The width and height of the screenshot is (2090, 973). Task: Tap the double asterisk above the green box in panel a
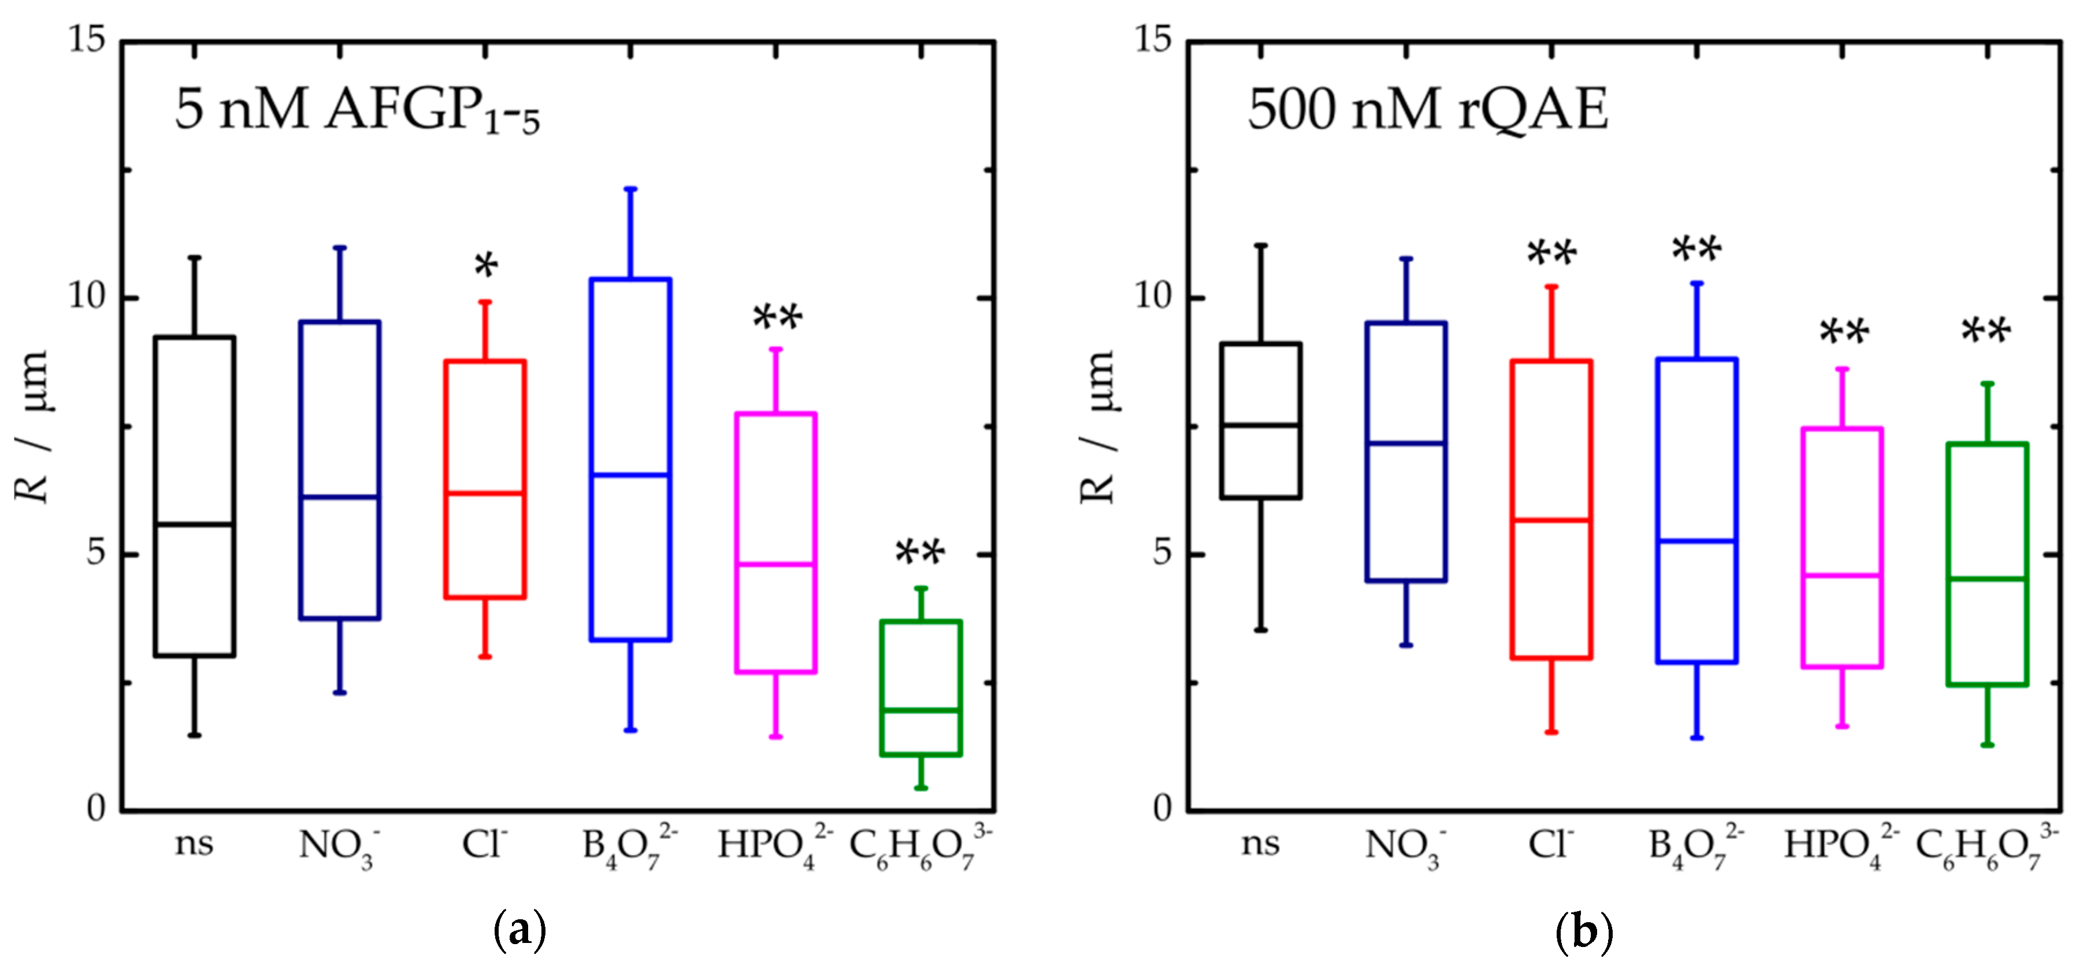[x=920, y=554]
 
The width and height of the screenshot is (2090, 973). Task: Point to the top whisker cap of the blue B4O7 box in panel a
[x=630, y=189]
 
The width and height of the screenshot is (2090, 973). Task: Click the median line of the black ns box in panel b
[x=1261, y=425]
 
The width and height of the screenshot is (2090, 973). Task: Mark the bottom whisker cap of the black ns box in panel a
[x=195, y=735]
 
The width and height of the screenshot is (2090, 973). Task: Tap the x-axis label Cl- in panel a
[x=484, y=845]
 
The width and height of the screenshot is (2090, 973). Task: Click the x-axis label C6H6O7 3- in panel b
[x=1986, y=848]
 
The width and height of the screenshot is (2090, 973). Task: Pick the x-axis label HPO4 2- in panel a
[x=774, y=848]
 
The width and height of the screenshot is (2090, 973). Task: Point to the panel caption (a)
[x=520, y=931]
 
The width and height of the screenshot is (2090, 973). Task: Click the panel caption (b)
[x=1584, y=931]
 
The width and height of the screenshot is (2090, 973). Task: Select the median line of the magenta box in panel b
[x=1842, y=575]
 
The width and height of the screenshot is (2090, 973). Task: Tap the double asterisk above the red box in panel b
[x=1551, y=253]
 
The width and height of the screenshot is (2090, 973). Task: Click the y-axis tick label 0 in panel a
[x=96, y=808]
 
